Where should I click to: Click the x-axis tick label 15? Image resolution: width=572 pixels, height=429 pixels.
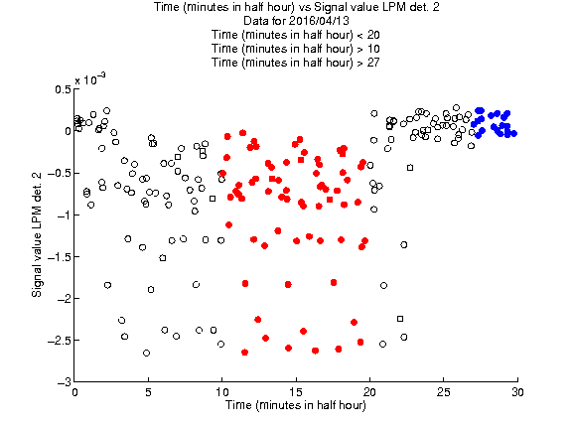[x=296, y=392]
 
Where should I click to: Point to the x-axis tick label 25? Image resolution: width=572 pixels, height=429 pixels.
[x=444, y=392]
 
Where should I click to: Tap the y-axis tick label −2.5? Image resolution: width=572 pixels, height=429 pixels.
[x=59, y=341]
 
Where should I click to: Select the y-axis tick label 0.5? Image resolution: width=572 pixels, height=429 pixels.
[x=63, y=89]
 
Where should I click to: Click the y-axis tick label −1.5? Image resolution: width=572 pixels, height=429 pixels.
[x=59, y=257]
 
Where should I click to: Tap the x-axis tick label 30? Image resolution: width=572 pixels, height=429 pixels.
[x=517, y=392]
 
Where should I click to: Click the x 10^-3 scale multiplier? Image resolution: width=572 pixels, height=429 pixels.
[x=90, y=78]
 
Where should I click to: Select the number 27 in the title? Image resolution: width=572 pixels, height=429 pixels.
[x=373, y=63]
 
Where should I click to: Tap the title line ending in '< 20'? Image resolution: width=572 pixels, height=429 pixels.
[x=296, y=35]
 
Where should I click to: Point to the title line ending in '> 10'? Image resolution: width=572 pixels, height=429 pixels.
[x=296, y=49]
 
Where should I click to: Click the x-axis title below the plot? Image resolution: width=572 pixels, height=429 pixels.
[x=296, y=405]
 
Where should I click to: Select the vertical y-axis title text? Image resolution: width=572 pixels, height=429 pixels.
[x=37, y=234]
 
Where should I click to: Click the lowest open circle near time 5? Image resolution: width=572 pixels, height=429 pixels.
[x=146, y=354]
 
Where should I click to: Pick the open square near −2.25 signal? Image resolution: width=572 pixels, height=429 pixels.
[x=400, y=319]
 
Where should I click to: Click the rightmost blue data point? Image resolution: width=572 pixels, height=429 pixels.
[x=514, y=133]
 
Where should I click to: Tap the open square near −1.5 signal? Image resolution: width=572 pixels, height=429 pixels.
[x=163, y=258]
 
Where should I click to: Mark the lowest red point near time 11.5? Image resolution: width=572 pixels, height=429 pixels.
[x=244, y=353]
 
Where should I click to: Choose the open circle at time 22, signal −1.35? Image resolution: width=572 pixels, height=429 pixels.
[x=404, y=244]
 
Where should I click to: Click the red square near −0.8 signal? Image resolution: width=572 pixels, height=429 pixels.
[x=330, y=200]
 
